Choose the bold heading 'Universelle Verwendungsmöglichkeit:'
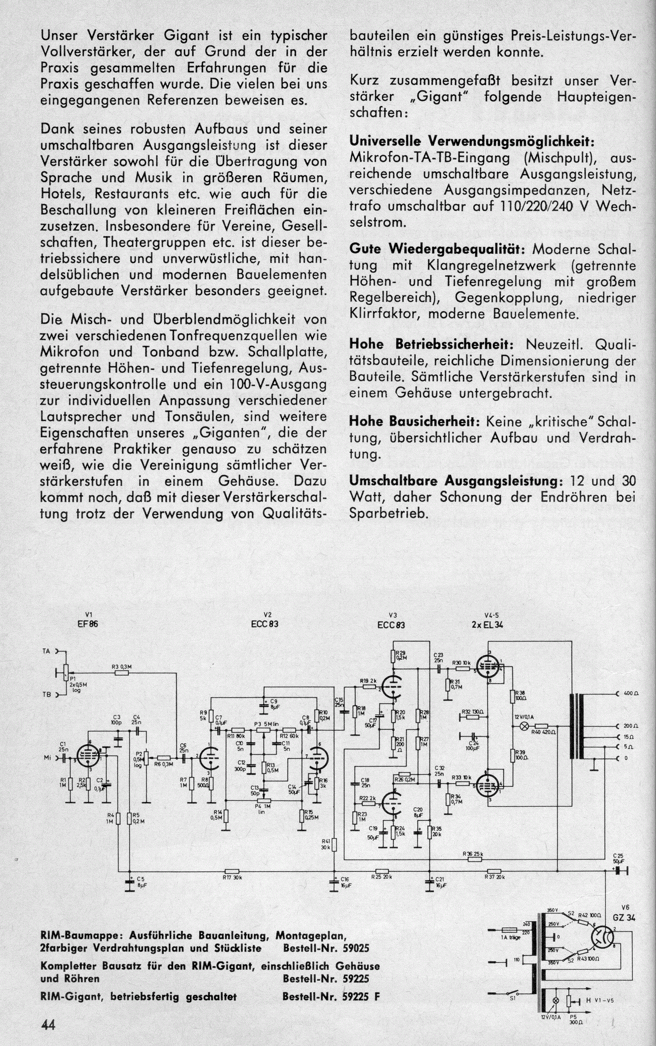(x=471, y=142)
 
